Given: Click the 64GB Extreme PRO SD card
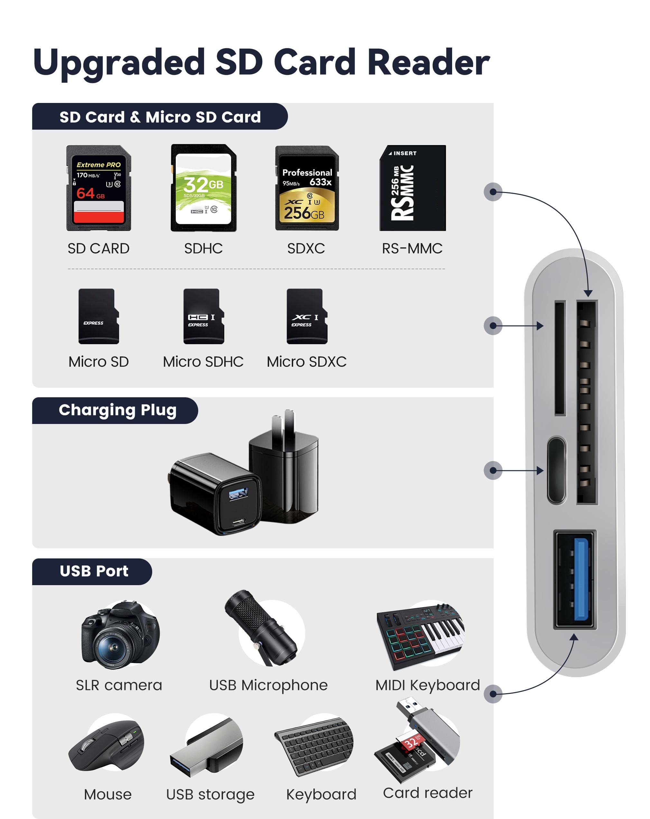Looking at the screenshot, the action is tap(98, 188).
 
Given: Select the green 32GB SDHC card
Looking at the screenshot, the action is tap(203, 188).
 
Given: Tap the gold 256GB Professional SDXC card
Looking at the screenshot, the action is tap(307, 188).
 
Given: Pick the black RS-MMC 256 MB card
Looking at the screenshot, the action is tap(412, 188).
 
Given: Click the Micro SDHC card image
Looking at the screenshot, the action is tap(203, 316).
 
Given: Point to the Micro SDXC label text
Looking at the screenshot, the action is tap(306, 362).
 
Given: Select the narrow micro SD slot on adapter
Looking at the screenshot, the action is tap(560, 358).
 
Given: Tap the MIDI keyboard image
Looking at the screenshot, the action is tap(420, 634).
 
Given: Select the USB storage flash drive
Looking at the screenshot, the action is tap(207, 746).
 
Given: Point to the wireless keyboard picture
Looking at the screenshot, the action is tap(314, 746).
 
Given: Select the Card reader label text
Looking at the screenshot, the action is tap(427, 793).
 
